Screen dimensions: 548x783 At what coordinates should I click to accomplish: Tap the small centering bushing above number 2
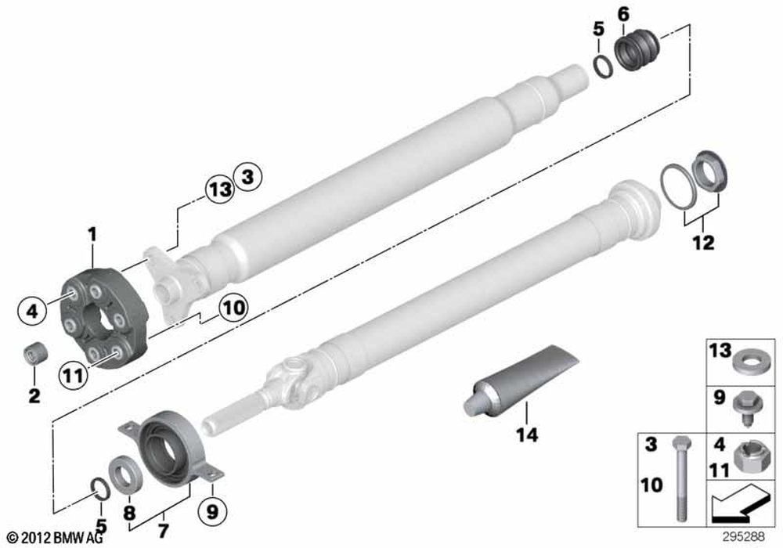[x=32, y=352]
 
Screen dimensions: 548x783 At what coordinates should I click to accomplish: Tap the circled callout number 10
[x=233, y=308]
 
